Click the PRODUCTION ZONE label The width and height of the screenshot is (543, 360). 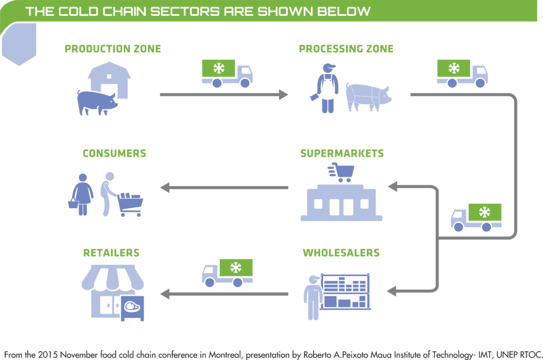[112, 49]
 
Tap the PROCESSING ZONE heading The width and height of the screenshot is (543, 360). [346, 49]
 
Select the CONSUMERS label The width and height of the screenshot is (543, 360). [114, 153]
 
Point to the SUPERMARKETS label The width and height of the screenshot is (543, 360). [342, 153]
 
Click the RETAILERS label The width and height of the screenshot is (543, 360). [111, 253]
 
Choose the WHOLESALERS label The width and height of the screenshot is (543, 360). [341, 253]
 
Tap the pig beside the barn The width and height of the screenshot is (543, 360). [96, 102]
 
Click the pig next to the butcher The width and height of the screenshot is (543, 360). [367, 97]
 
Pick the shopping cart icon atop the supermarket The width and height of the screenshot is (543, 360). [341, 172]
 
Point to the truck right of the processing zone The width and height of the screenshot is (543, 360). [462, 74]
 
